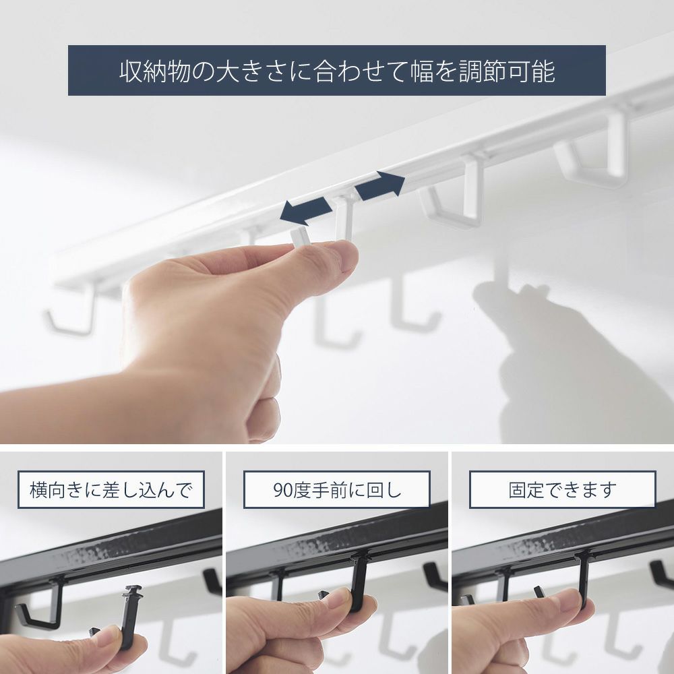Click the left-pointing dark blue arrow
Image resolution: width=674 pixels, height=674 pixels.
click(x=305, y=212)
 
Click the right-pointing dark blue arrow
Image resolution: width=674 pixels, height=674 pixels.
click(x=379, y=186)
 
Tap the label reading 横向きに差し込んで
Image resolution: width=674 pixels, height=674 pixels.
click(x=111, y=489)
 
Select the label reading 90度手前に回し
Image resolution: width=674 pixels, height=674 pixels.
click(x=336, y=489)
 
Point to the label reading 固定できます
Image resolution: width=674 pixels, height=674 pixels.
click(x=562, y=489)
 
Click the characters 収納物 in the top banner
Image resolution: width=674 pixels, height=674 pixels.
click(x=155, y=71)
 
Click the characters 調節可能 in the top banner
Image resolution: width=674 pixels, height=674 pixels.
click(x=508, y=71)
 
